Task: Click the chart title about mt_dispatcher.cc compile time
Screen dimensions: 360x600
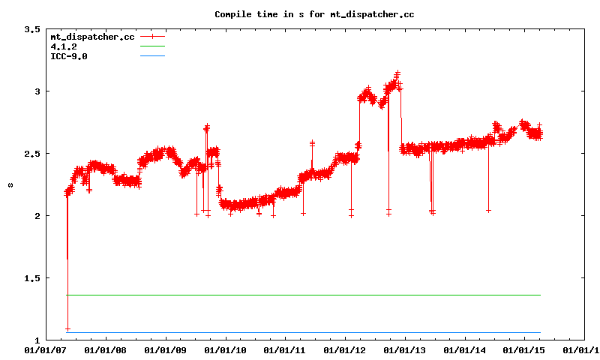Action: click(x=314, y=14)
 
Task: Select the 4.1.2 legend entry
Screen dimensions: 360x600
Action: click(x=64, y=46)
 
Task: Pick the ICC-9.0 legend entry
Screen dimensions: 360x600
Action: click(x=68, y=56)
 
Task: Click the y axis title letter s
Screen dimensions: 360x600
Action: click(x=10, y=184)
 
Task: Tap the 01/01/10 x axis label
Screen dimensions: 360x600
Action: click(x=225, y=349)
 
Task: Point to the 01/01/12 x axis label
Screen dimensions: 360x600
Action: click(x=345, y=349)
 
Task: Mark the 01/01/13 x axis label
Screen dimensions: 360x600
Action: click(x=405, y=349)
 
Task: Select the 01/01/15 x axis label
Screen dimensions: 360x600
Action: click(x=525, y=349)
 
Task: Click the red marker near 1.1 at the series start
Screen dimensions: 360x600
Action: click(x=68, y=329)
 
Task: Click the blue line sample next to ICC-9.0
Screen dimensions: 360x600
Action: click(x=152, y=56)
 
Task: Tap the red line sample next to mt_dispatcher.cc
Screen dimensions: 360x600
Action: click(x=152, y=36)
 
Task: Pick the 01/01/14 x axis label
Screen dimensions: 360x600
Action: click(x=465, y=349)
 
